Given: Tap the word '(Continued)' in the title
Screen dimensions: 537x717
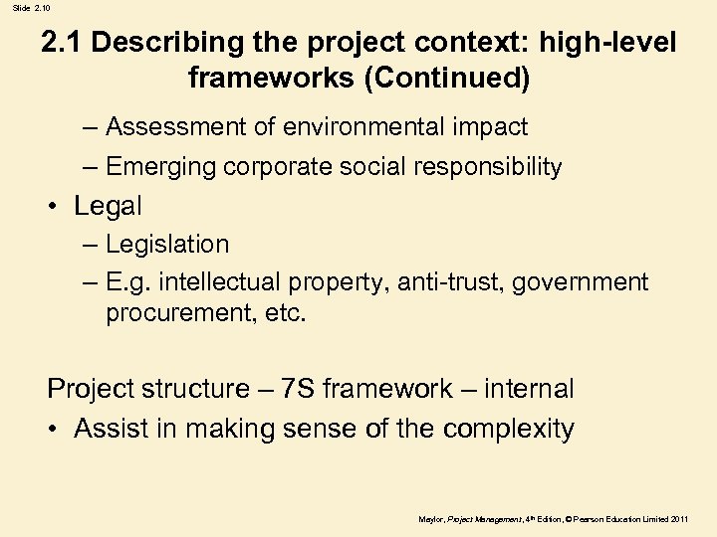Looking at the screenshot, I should [x=447, y=78].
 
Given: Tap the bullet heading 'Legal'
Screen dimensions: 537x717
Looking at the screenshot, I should [x=108, y=206].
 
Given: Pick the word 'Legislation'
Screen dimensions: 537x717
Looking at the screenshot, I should [x=167, y=244].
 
